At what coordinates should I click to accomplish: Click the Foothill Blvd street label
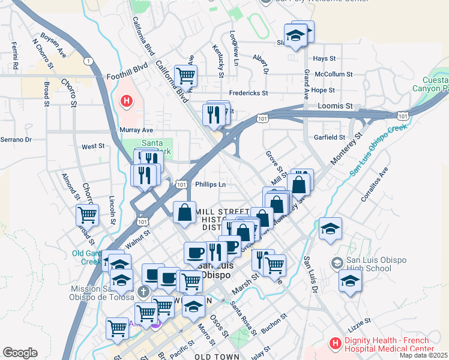tap(127, 77)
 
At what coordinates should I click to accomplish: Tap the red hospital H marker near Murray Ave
tap(126, 101)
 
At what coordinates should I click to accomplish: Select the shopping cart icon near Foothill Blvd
tap(186, 76)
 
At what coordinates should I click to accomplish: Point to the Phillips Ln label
tap(211, 185)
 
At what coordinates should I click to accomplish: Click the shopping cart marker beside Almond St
tap(88, 214)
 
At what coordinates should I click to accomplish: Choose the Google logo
tap(20, 352)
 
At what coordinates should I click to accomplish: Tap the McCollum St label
tap(334, 74)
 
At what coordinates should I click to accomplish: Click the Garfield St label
tap(330, 137)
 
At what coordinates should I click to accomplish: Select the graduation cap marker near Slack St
tap(295, 35)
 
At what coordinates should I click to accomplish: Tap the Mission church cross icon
tap(143, 292)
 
